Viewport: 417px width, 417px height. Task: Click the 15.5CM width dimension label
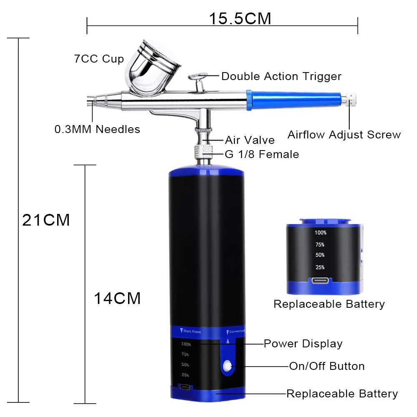240,18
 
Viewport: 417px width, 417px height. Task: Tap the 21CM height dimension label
46,220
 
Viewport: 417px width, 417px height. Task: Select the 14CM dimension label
117,299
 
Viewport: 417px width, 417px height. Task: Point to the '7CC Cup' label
99,59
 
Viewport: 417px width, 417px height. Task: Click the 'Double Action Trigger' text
281,76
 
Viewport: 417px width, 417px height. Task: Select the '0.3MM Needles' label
97,129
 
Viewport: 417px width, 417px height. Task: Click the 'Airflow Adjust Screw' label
344,135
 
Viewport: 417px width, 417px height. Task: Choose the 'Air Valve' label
250,140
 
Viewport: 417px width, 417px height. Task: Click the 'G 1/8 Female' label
262,154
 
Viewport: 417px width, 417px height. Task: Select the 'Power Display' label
303,344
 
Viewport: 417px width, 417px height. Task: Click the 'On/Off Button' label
327,366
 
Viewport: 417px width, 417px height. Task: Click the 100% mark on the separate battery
321,233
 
